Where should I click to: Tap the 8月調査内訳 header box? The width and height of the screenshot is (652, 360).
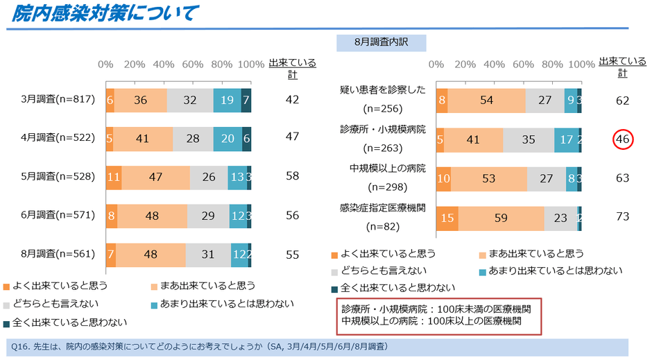pos(381,42)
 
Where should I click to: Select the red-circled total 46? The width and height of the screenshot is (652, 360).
pos(622,139)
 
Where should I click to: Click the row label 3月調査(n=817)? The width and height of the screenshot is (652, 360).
pos(57,100)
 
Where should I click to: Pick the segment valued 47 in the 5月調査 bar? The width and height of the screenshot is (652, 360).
pos(155,176)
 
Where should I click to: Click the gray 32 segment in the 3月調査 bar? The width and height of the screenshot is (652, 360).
pos(190,100)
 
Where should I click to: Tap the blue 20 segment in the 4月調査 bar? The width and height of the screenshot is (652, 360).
pos(228,139)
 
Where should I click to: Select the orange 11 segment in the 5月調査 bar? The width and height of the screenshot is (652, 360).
pos(114,176)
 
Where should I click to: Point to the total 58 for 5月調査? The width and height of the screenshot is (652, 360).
pos(292,176)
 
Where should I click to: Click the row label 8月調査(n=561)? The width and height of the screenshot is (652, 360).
pos(57,254)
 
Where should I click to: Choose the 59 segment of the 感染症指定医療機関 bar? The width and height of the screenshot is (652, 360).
pos(501,217)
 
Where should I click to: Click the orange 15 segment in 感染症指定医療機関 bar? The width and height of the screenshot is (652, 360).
pos(447,217)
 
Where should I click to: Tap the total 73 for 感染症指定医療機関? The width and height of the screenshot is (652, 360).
pos(622,217)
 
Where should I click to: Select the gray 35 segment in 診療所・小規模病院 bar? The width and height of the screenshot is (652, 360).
pos(528,139)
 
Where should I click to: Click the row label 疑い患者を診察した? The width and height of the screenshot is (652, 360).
pos(382,91)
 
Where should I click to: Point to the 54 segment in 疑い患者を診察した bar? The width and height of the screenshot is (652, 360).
pos(487,101)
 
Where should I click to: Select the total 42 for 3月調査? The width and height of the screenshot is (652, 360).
pos(292,100)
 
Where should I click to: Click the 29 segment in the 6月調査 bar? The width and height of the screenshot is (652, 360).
pos(208,215)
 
